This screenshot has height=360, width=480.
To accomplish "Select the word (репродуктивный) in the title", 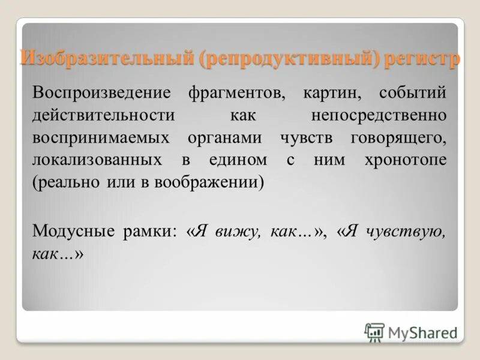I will click(x=294, y=59).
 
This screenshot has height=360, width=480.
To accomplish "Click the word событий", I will click(x=413, y=94).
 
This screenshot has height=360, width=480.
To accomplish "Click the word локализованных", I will click(x=98, y=160).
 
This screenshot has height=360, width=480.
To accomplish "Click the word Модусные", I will click(x=73, y=230).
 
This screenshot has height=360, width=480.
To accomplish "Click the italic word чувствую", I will click(x=405, y=230).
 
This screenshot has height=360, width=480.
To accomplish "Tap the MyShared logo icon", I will click(x=374, y=332).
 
